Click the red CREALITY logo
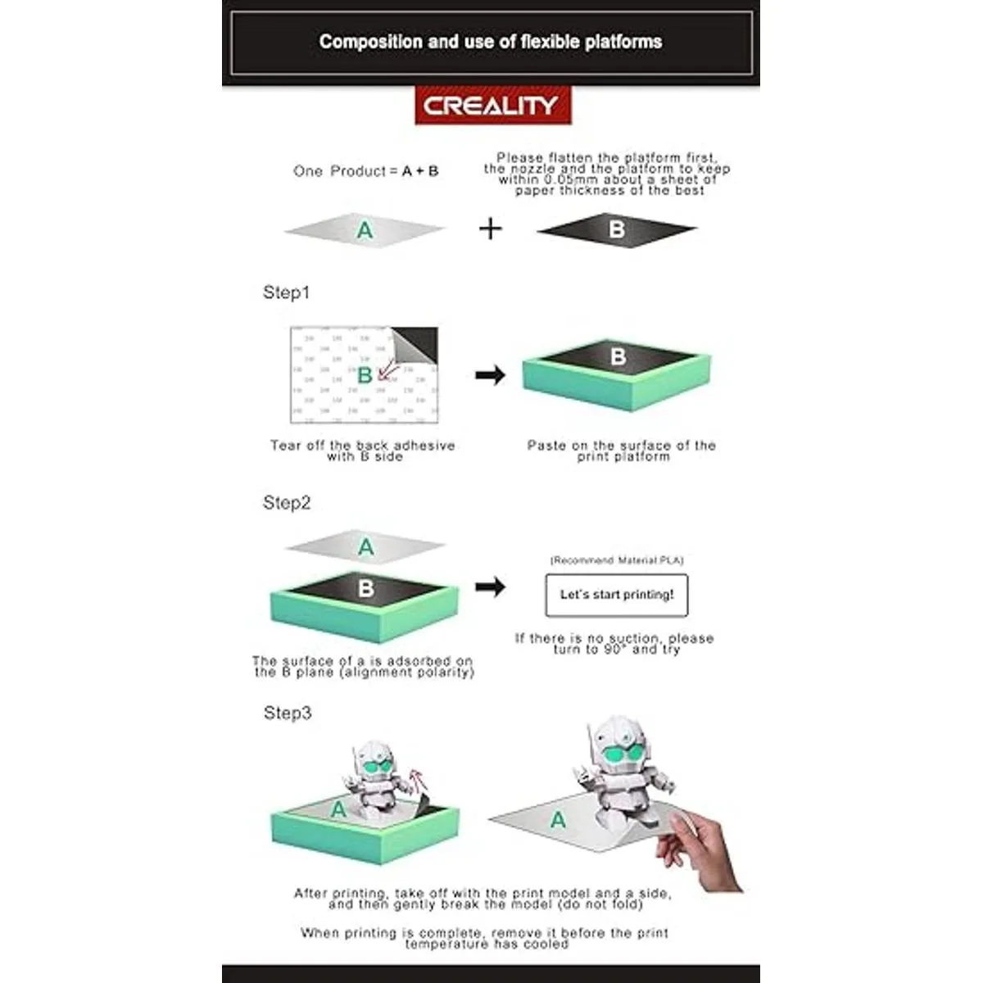(493, 105)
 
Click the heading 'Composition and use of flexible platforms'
(491, 41)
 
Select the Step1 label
(286, 292)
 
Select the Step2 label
(287, 502)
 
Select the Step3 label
(288, 713)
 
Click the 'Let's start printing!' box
(617, 595)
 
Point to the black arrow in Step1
(490, 375)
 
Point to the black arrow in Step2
(490, 587)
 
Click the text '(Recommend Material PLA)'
(617, 560)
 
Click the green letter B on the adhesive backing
(365, 375)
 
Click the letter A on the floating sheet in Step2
(365, 547)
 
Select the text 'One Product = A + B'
(365, 171)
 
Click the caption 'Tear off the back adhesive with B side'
(363, 451)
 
